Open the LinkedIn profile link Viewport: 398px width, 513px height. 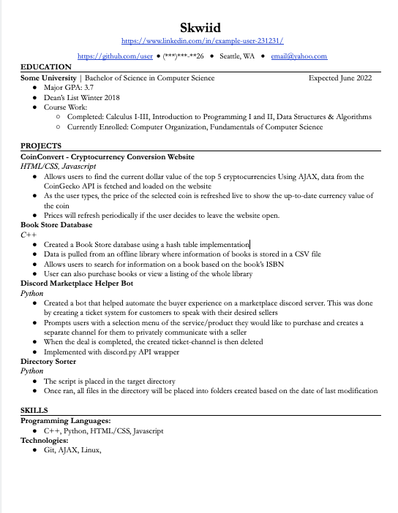click(x=201, y=42)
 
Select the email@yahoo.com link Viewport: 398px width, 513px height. click(x=298, y=56)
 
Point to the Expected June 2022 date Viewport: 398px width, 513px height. click(x=339, y=77)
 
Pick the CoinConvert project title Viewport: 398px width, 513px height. click(x=107, y=156)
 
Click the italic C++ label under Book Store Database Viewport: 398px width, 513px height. click(x=28, y=235)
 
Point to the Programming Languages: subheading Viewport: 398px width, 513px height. click(x=65, y=421)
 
